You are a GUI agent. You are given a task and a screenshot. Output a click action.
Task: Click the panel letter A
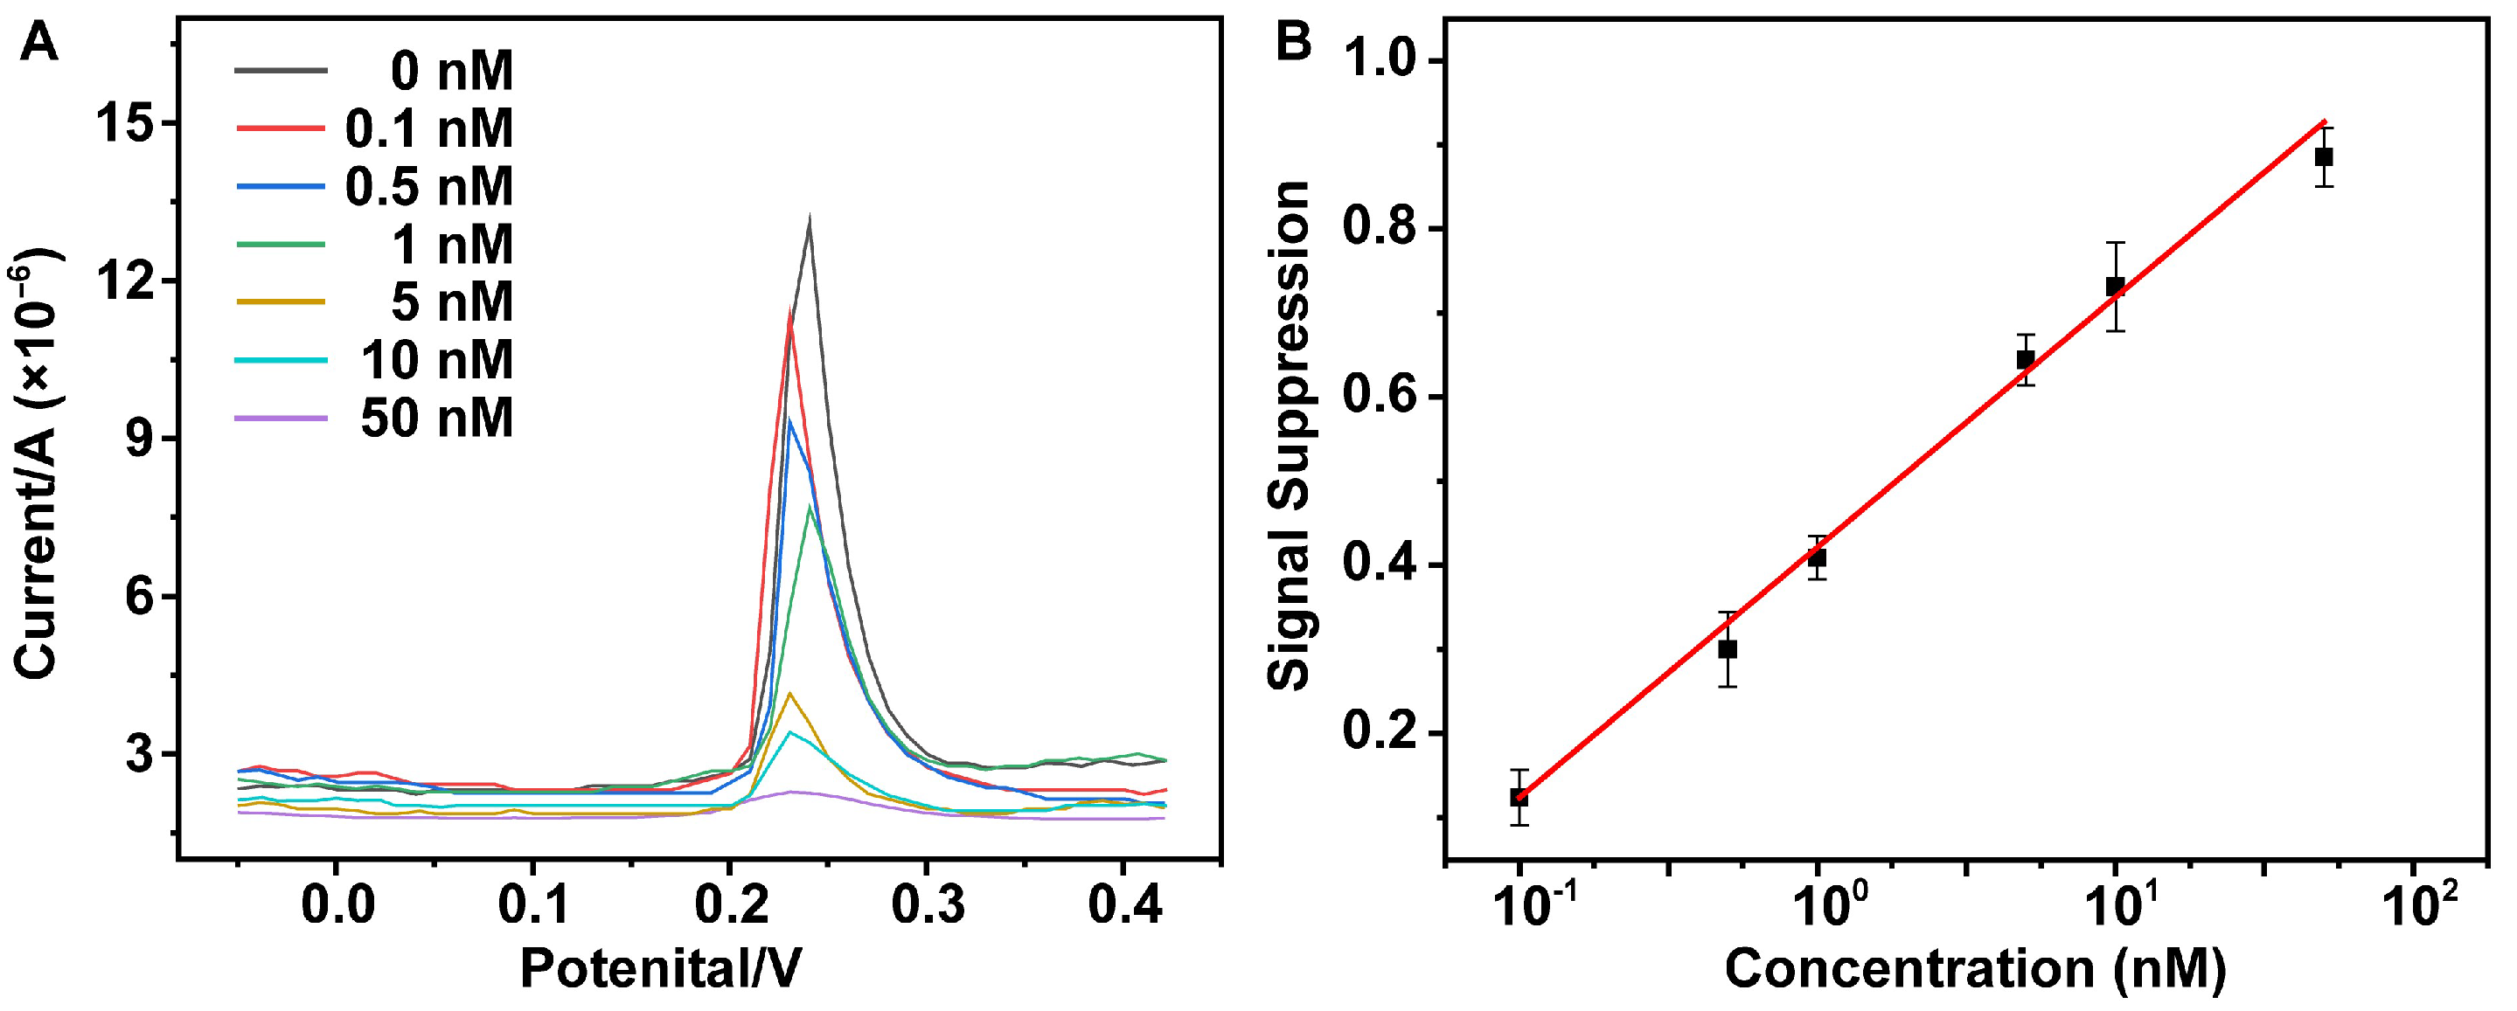(x=38, y=44)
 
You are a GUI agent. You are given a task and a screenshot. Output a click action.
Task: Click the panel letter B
(x=1295, y=44)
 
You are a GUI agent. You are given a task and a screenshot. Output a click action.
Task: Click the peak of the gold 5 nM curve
(x=789, y=695)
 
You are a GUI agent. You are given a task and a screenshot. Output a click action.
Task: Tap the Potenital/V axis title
(x=661, y=970)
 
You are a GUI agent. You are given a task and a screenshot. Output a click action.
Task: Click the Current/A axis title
(x=37, y=464)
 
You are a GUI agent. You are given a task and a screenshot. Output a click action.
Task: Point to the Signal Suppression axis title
(x=1288, y=437)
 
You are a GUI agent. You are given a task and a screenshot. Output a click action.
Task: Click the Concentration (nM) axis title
(x=1975, y=970)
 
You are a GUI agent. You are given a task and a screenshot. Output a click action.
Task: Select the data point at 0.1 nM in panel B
(x=1519, y=797)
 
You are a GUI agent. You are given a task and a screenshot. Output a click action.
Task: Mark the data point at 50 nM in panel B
(x=2324, y=157)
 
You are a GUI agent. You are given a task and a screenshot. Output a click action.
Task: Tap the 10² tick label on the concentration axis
(x=2416, y=906)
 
